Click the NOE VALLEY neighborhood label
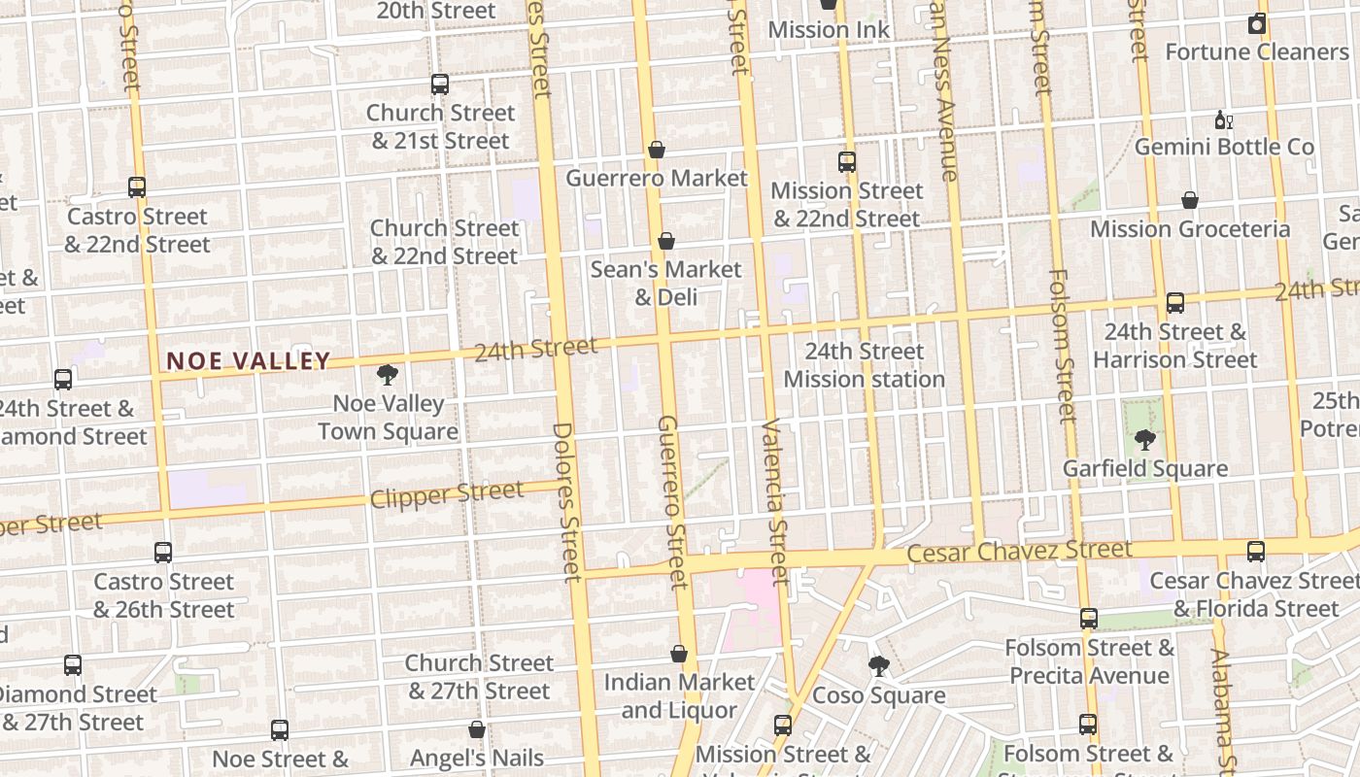tap(249, 361)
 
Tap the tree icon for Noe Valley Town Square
tap(388, 375)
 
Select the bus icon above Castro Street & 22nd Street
tap(137, 187)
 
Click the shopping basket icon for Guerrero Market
tap(657, 150)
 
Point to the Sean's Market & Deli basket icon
tap(666, 241)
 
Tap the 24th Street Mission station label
tap(864, 365)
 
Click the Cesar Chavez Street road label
tap(1019, 552)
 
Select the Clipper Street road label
tap(447, 494)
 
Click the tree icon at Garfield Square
tap(1145, 440)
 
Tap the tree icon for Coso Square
tap(878, 666)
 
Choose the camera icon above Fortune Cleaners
tap(1257, 24)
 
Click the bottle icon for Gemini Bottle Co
tap(1223, 120)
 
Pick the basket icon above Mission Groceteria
tap(1190, 201)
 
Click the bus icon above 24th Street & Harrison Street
tap(1175, 303)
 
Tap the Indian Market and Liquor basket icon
tap(679, 655)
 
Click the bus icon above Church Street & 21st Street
tap(440, 84)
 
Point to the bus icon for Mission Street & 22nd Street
tap(847, 162)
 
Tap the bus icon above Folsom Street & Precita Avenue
tap(1089, 619)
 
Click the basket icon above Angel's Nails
tap(477, 729)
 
